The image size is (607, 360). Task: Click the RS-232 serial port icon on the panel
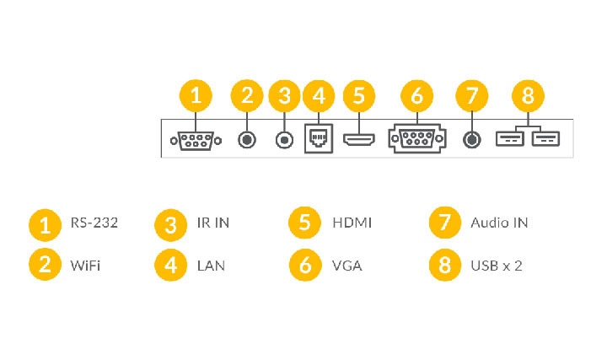tap(196, 139)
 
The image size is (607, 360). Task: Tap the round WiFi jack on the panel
tap(247, 139)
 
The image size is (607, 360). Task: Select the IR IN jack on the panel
tap(284, 139)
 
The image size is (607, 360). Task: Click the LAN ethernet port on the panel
tap(318, 139)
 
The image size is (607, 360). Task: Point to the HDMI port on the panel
tap(358, 139)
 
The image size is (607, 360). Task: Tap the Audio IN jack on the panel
tap(471, 139)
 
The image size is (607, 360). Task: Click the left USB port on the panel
tap(508, 138)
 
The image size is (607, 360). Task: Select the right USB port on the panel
tap(545, 138)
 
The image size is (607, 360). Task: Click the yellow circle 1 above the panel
tap(196, 96)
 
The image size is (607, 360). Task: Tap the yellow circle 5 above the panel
tap(358, 96)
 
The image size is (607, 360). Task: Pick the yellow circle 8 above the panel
tap(528, 96)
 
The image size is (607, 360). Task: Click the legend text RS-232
tap(94, 223)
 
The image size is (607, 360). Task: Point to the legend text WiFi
tap(86, 266)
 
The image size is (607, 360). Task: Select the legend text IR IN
tap(214, 223)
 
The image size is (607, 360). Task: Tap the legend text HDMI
tap(352, 223)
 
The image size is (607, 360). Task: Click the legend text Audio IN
tap(499, 223)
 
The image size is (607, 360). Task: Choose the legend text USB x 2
tap(497, 266)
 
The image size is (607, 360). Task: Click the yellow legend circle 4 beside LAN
tap(170, 266)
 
